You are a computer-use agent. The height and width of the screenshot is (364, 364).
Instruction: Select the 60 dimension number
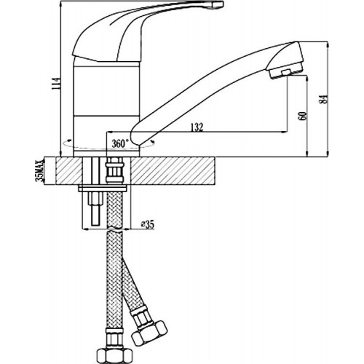coord(304,116)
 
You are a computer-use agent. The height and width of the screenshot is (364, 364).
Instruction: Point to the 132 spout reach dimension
coord(197,127)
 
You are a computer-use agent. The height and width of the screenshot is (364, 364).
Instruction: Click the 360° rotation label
coord(120,143)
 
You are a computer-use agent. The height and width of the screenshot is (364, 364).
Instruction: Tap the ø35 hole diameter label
coord(148,225)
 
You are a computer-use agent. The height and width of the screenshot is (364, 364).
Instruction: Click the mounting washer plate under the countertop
coord(103,189)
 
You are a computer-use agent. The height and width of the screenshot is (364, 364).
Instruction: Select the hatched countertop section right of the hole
coord(173,170)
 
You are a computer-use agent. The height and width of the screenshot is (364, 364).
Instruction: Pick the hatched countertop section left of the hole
coord(69,170)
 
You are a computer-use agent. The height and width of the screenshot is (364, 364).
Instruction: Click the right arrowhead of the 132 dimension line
coord(284,132)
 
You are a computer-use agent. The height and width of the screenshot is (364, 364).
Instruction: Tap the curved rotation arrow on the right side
coord(152,141)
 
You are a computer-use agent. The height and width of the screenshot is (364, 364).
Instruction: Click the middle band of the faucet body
coord(106,90)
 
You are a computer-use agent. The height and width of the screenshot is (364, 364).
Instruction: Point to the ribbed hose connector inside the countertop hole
coord(115,170)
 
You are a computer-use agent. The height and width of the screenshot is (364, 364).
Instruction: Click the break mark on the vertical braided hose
coord(115,229)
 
